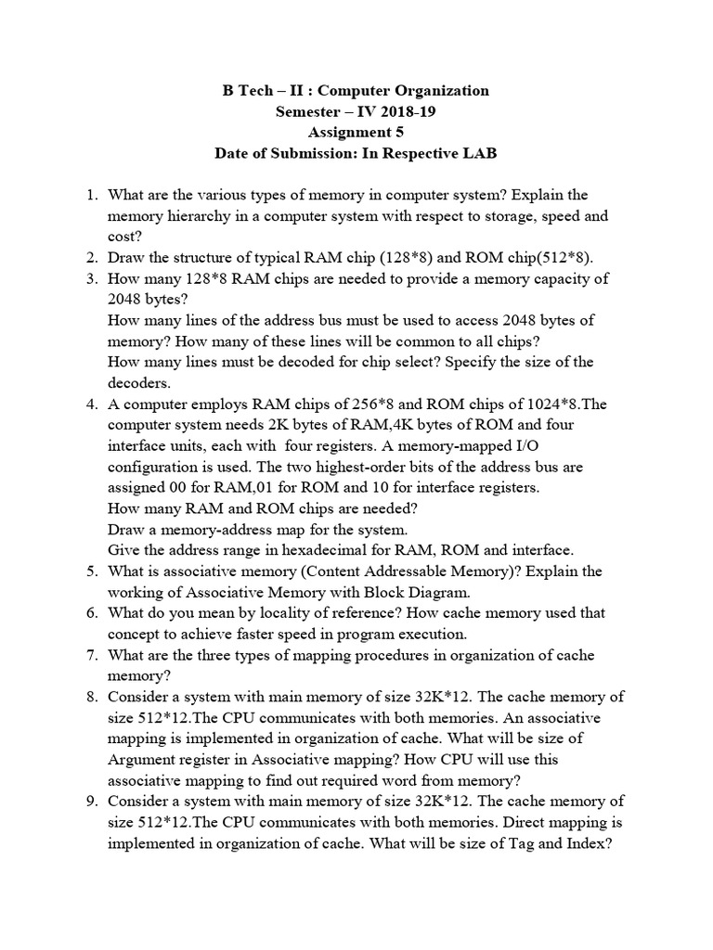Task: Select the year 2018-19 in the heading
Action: (x=404, y=111)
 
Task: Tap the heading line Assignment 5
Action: (x=356, y=132)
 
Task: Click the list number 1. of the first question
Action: (x=92, y=195)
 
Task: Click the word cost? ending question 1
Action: (x=126, y=237)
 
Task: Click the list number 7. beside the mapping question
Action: (x=92, y=654)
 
